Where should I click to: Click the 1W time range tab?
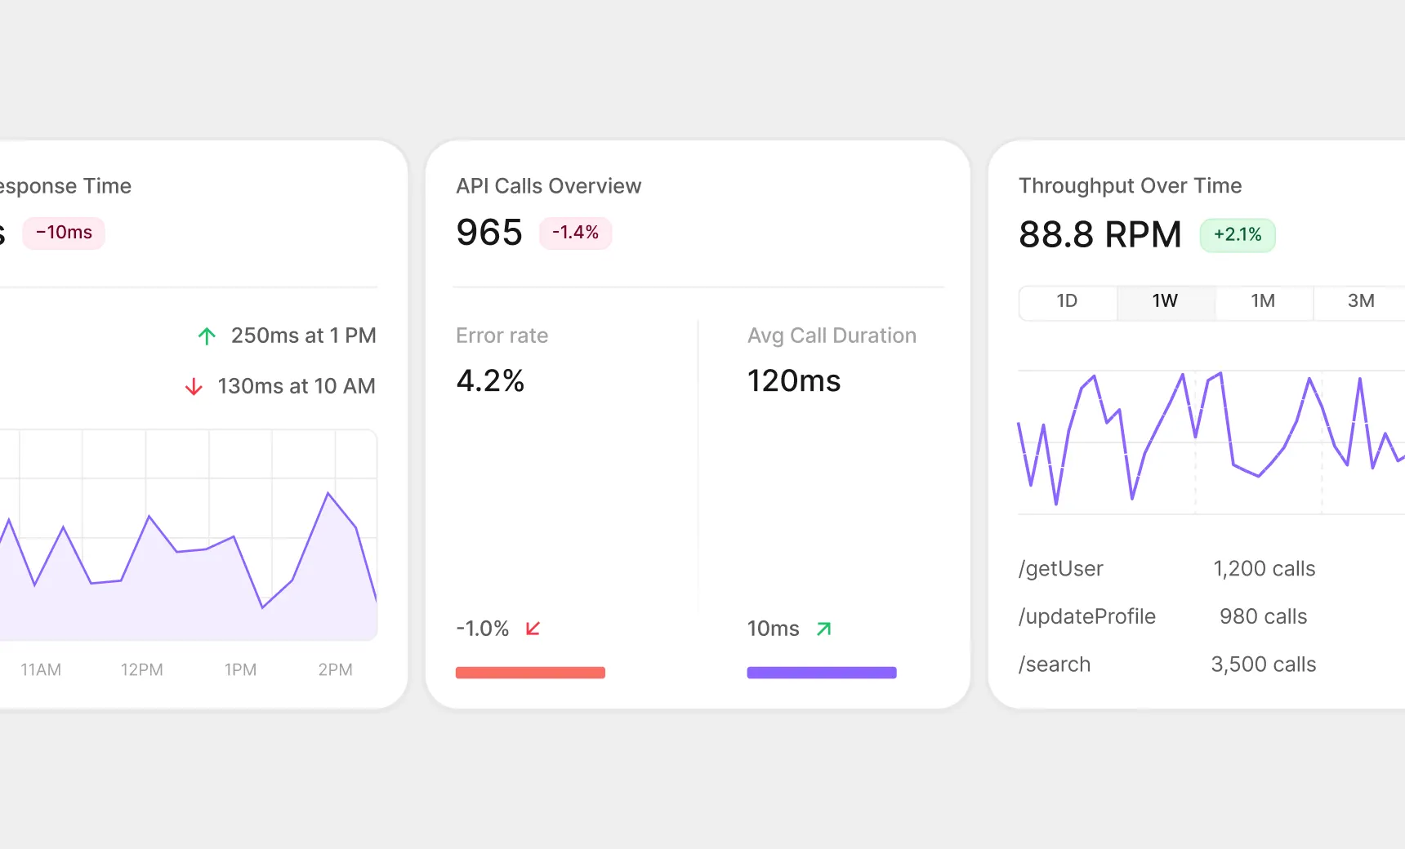coord(1165,301)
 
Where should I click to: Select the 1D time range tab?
coord(1067,301)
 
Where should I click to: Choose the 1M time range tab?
coord(1263,301)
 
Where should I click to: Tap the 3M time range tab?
coord(1361,301)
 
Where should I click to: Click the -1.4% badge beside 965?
coord(575,233)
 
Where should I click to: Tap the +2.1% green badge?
coord(1237,235)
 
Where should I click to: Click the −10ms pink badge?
coord(64,233)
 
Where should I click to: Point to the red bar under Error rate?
coord(530,673)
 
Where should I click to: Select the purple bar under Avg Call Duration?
coord(821,673)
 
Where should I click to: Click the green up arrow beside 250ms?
coord(207,336)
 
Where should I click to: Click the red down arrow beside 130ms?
coord(194,386)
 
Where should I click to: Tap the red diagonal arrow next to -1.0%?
coord(533,629)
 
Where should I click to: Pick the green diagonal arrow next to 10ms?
coord(823,629)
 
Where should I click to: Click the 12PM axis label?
coord(142,669)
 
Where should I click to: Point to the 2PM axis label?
coord(335,669)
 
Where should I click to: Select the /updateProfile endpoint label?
coord(1086,616)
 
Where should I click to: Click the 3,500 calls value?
coord(1263,665)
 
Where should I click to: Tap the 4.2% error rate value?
coord(490,381)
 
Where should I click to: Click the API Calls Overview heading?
coord(548,186)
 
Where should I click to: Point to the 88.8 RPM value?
coord(1099,235)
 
